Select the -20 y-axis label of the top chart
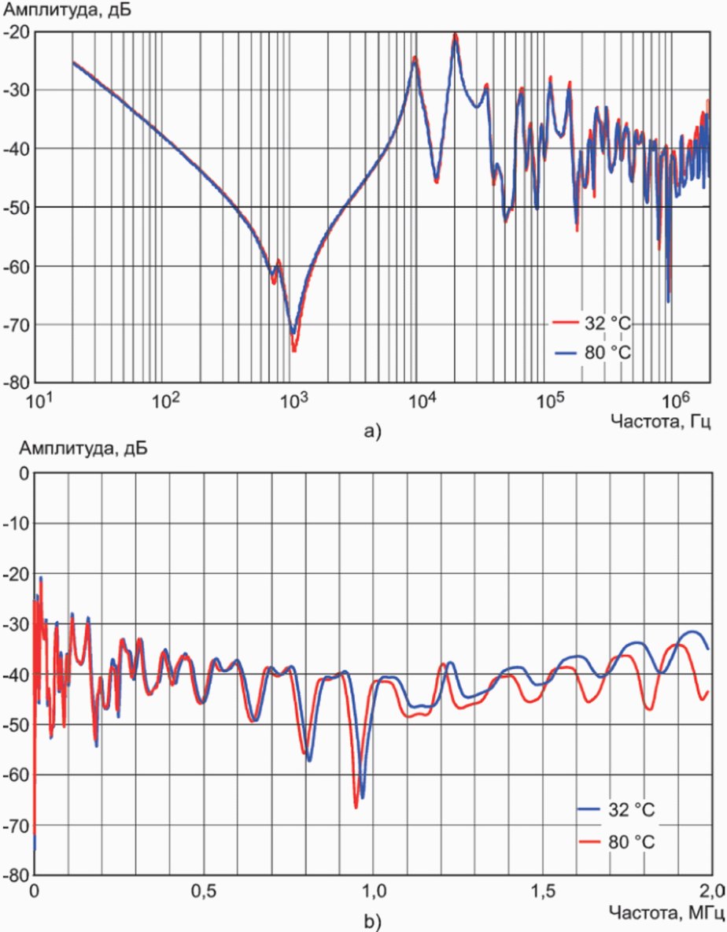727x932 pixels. (x=17, y=32)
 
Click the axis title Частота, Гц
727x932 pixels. (x=662, y=423)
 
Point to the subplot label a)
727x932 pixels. (x=370, y=431)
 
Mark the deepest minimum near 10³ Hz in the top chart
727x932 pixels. (x=294, y=349)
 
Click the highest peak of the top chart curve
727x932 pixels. (x=455, y=35)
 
